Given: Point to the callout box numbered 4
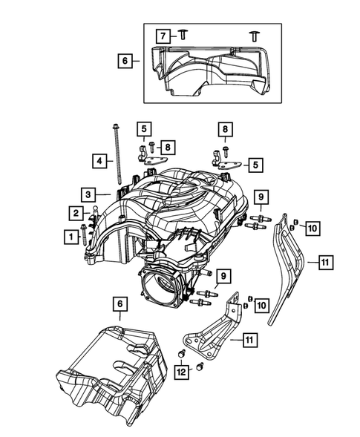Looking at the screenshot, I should click(97, 160).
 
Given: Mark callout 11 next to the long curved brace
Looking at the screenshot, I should click(327, 261).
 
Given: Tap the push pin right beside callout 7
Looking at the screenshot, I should click(183, 35).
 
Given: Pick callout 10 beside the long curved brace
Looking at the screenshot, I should click(312, 228).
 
